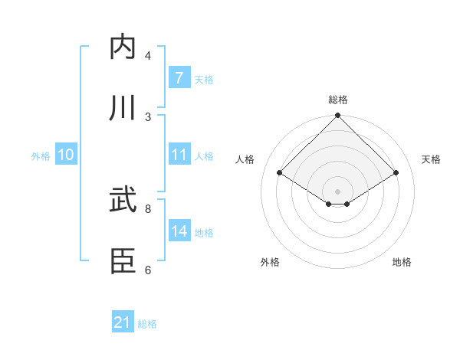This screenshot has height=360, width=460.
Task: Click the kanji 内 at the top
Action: click(x=125, y=47)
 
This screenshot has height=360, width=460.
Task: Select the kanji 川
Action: click(x=125, y=108)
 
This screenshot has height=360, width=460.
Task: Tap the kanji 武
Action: click(x=125, y=201)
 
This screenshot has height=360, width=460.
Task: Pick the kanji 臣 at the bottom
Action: click(x=125, y=261)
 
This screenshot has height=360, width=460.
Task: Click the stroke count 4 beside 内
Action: click(x=148, y=56)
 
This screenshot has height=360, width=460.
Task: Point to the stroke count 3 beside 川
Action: click(x=148, y=116)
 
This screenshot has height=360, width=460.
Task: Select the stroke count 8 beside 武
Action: click(x=148, y=208)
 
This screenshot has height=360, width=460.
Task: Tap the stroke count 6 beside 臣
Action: click(x=148, y=270)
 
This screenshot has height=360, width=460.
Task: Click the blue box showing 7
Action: click(x=179, y=77)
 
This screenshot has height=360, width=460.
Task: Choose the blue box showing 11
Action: click(x=179, y=155)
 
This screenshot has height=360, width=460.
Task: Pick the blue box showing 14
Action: click(x=179, y=231)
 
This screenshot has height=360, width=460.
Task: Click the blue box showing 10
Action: click(x=66, y=155)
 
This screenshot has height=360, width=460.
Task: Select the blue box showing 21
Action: click(x=123, y=323)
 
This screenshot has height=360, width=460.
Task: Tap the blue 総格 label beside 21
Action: click(x=147, y=324)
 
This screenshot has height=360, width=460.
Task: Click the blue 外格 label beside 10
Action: click(x=41, y=155)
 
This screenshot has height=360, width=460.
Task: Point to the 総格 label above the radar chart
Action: click(x=338, y=100)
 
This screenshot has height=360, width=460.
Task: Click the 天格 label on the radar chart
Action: click(x=432, y=159)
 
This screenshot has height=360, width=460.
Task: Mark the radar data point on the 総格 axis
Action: click(x=338, y=116)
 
